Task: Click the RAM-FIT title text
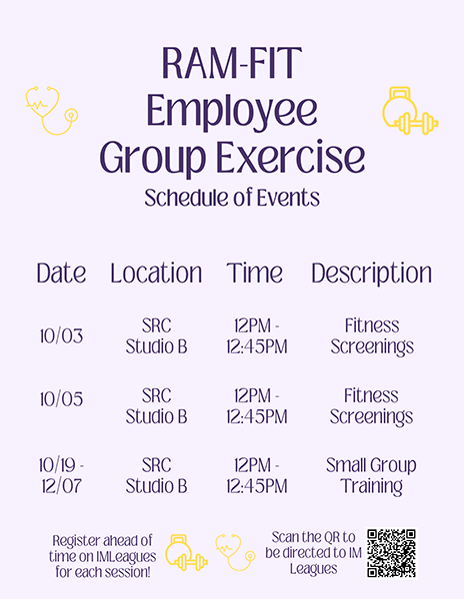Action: click(232, 63)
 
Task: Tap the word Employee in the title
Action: click(232, 112)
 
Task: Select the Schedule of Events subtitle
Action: click(232, 198)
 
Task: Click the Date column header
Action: click(61, 274)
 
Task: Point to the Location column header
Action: click(156, 274)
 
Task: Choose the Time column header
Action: click(255, 274)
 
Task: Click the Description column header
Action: click(371, 274)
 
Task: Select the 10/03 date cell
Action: click(61, 336)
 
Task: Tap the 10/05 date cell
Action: click(61, 399)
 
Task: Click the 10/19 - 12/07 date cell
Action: click(61, 475)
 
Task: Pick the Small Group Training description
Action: click(371, 476)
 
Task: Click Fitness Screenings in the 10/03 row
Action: click(372, 336)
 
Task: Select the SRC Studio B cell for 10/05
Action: click(156, 406)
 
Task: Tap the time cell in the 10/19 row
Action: click(256, 475)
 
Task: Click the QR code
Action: click(391, 553)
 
